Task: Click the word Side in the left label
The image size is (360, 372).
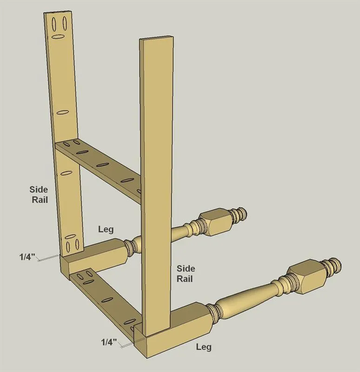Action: tap(39, 189)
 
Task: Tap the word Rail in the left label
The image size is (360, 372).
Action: tap(40, 199)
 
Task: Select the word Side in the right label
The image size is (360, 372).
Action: tap(186, 268)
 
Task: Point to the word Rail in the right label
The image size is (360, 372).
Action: tap(185, 279)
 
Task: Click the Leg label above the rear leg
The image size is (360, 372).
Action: tap(106, 229)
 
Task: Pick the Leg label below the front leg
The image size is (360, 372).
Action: tap(204, 347)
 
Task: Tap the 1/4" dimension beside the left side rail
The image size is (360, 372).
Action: tap(27, 257)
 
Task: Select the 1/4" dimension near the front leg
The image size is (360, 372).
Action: tap(109, 342)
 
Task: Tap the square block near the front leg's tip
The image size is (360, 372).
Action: tap(307, 276)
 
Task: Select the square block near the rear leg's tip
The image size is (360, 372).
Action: tap(215, 222)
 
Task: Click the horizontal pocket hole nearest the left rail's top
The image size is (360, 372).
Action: tap(58, 37)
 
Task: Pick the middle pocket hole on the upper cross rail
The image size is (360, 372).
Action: tap(103, 165)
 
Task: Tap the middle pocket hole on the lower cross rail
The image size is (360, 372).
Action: tap(107, 300)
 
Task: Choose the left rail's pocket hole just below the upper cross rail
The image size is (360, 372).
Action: tap(67, 173)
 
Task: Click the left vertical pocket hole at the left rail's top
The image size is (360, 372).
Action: tap(54, 24)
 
